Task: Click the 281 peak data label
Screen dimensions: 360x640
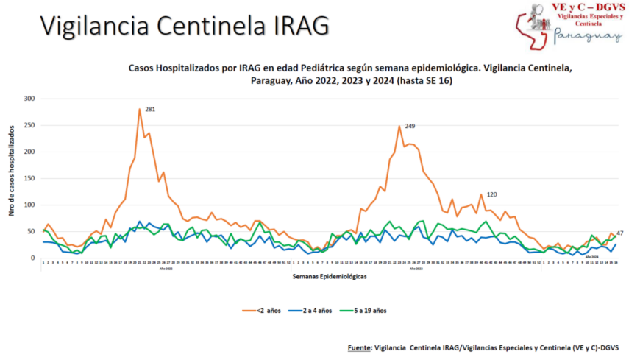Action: point(150,110)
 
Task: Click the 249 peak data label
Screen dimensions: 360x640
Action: point(410,127)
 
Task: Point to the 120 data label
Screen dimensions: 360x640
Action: point(491,194)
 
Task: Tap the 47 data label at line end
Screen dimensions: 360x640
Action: point(620,233)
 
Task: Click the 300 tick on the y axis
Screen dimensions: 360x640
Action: point(29,99)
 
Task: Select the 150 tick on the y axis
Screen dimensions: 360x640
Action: point(29,178)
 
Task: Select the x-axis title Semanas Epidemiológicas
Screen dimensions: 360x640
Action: point(330,277)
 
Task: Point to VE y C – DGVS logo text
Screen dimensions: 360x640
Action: point(589,7)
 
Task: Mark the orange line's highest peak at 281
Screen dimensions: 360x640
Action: point(139,110)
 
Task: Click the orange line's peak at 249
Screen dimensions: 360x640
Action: point(399,126)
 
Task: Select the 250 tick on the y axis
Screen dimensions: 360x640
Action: point(29,125)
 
